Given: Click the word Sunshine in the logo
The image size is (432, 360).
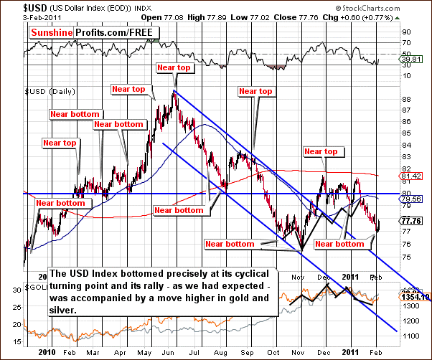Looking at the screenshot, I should tap(53, 33).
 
